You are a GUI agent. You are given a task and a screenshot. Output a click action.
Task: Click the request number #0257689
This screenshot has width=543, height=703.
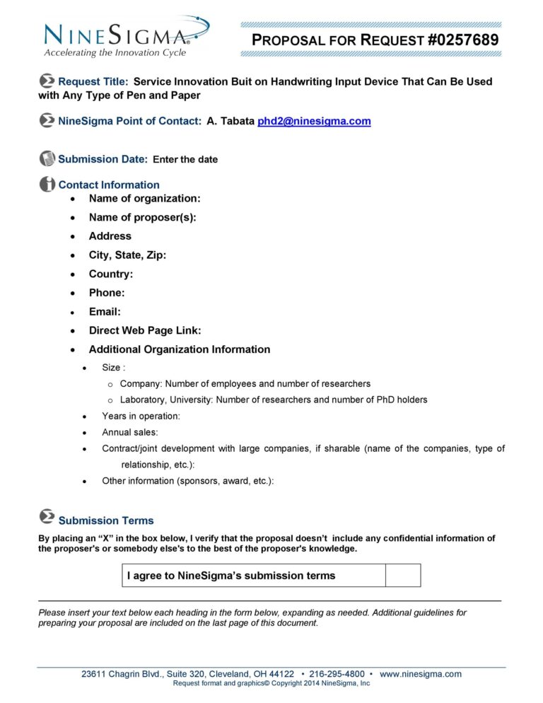point(463,40)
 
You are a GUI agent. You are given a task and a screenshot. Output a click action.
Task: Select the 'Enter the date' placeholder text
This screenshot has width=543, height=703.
point(185,160)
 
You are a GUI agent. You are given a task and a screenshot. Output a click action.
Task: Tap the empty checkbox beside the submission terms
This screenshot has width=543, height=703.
point(402,576)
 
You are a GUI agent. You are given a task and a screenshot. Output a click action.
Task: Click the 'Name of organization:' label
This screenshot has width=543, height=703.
point(144,199)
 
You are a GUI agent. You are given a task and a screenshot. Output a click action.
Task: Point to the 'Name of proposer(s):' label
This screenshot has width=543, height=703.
point(142,217)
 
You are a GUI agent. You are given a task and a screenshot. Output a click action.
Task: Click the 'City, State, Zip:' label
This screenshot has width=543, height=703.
point(127,255)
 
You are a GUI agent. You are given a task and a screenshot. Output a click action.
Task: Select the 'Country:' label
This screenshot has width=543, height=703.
point(110,274)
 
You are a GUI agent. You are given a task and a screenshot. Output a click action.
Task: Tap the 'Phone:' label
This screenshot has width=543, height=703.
point(106,293)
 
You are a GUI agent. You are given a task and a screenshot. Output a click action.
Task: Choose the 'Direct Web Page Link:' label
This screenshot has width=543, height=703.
point(144,330)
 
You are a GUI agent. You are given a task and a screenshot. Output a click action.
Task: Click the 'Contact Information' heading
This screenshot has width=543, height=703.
point(109,185)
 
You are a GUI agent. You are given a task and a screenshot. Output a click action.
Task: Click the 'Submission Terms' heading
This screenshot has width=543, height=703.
point(105,521)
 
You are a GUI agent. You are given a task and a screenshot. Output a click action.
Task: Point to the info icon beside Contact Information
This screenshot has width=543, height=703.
point(47,184)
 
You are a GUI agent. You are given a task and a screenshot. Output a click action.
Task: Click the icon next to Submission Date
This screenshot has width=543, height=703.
point(47,158)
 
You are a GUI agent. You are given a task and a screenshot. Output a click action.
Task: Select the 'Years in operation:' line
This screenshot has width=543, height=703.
point(141,417)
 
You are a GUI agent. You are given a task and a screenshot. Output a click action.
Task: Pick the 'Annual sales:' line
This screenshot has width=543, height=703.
point(130,432)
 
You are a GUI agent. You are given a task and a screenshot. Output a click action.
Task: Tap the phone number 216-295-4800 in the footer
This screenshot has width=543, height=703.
point(336,674)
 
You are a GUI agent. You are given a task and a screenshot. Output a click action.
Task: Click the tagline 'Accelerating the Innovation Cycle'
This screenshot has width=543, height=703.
point(115,53)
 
